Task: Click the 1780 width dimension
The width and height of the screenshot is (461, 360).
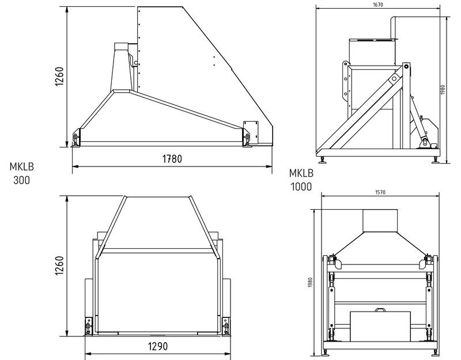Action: pos(172,159)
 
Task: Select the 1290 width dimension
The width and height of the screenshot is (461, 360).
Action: pos(158,347)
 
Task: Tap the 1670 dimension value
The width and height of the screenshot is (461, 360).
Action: pos(378,5)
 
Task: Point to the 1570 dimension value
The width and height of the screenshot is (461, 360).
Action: pos(380,192)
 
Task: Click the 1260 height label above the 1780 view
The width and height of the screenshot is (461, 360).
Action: pos(59,77)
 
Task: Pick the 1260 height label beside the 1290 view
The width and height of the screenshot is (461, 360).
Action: pos(59,266)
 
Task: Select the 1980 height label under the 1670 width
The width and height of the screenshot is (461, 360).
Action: pos(443,90)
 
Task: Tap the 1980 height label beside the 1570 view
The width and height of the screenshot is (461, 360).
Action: pos(311,282)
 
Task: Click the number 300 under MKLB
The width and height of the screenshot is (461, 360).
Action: pos(21,180)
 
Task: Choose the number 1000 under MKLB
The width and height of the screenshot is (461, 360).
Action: pos(301,187)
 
